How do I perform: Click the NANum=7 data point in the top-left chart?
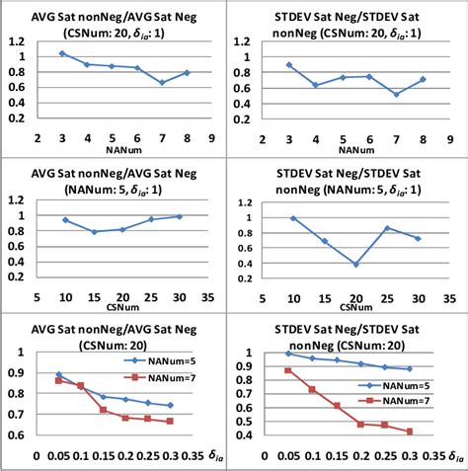click(x=162, y=82)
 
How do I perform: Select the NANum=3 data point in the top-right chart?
click(x=288, y=65)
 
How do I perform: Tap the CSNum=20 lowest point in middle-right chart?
click(x=355, y=265)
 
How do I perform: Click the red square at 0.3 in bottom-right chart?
click(x=409, y=432)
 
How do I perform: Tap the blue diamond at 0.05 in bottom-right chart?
click(x=288, y=353)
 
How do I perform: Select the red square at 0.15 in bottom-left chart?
click(x=105, y=409)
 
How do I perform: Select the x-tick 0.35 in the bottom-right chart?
click(x=431, y=456)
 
